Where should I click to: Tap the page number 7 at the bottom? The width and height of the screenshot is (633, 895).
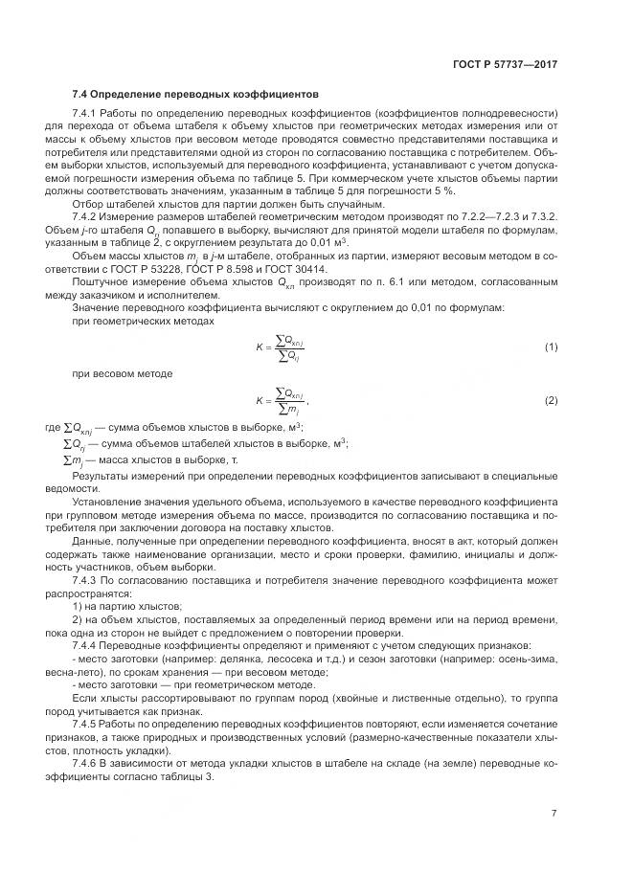coord(554,814)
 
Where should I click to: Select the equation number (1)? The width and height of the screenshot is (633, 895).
coord(551,346)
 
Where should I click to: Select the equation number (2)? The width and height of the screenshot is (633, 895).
coord(551,399)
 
